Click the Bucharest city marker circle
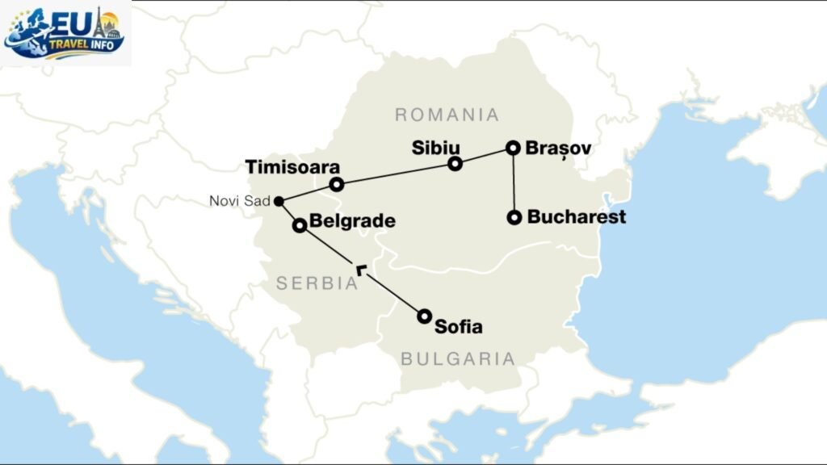pos(514,217)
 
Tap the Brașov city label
pos(558,149)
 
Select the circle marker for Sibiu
pos(455,164)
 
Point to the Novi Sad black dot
pos(278,201)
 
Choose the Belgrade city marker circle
pos(299,225)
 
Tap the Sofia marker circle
pos(424,316)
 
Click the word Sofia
pos(458,327)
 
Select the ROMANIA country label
pos(447,115)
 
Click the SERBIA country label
pos(317,283)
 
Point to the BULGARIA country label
pos(458,358)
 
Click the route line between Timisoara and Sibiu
pos(396,174)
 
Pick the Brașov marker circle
pos(512,148)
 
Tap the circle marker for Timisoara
pos(337,185)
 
